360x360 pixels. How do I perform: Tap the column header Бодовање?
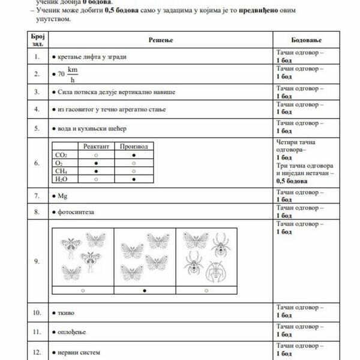(x=306, y=40)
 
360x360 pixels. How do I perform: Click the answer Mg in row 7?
(x=62, y=196)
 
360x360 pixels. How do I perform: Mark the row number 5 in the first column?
(x=37, y=128)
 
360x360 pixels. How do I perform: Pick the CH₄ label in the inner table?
(x=61, y=171)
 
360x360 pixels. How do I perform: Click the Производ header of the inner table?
(x=133, y=146)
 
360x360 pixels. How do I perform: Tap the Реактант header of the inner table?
(x=96, y=146)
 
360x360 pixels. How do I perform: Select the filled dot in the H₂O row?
(x=133, y=179)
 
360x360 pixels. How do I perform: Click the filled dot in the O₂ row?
(x=96, y=163)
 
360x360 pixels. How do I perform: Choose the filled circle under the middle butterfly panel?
(x=145, y=290)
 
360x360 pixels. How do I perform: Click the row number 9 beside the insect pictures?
(x=37, y=261)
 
